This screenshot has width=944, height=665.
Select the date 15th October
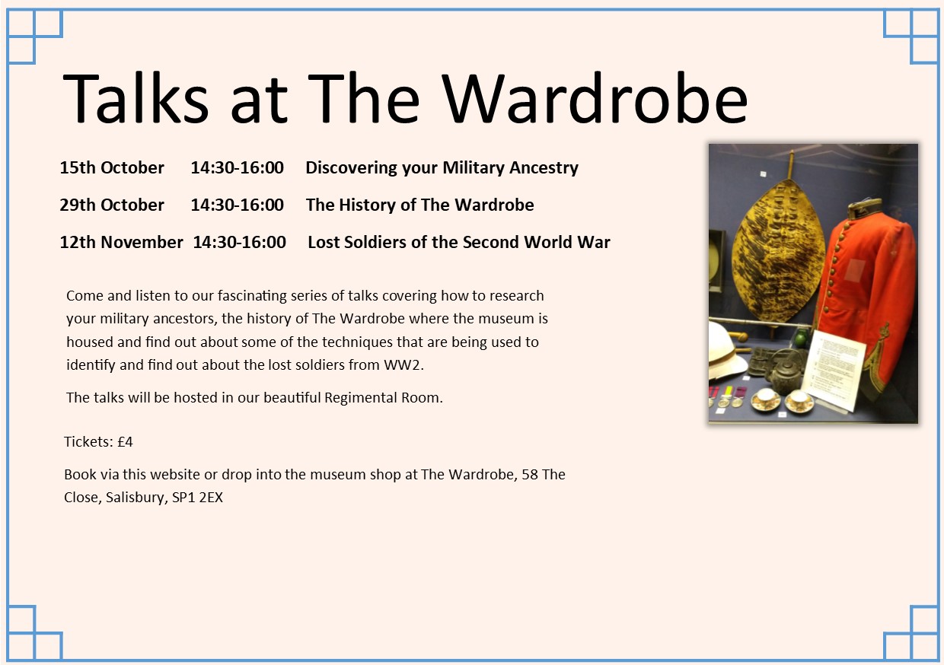point(112,167)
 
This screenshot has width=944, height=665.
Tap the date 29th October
point(112,205)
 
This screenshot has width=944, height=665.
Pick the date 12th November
point(121,242)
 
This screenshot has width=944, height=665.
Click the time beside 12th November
point(239,242)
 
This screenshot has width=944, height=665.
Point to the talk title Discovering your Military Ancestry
point(442,168)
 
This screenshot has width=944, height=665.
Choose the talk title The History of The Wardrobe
point(419,205)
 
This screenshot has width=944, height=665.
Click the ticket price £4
point(125,442)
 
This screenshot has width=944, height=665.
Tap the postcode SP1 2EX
point(198,498)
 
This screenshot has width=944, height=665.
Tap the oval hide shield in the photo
point(778,252)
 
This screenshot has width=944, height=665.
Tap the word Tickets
point(88,442)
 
